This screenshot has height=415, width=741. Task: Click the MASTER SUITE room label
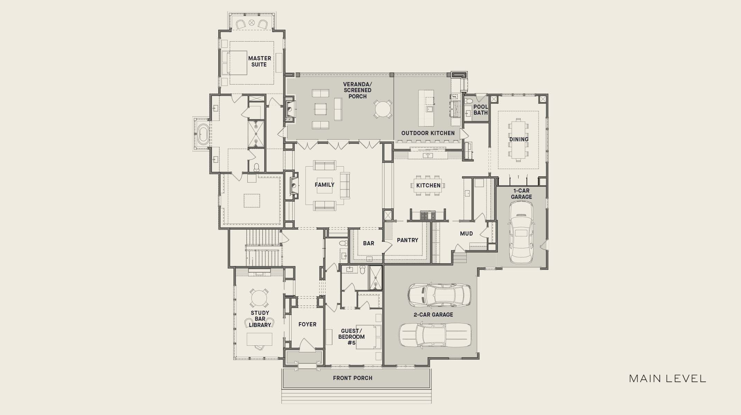[259, 61]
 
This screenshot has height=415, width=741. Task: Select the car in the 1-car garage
[521, 232]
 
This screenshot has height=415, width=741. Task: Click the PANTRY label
[408, 240]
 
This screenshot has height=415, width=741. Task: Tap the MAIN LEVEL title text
[667, 379]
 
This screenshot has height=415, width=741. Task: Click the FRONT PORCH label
[353, 378]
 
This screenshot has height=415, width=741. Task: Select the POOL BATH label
[481, 110]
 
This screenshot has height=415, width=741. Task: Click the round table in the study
[259, 298]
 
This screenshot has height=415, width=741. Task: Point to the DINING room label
[519, 139]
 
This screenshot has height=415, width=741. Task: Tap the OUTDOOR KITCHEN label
[428, 133]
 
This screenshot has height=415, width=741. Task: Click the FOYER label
[307, 324]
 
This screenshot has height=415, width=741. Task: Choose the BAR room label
[368, 243]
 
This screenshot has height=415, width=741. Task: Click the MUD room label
[466, 233]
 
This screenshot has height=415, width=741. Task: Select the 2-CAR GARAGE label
[433, 315]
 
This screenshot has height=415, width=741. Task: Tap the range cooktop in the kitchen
[428, 216]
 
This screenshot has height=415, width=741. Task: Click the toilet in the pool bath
[468, 101]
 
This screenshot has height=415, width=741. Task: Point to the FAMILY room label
[324, 185]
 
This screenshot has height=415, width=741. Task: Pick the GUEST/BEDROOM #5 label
[351, 337]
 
